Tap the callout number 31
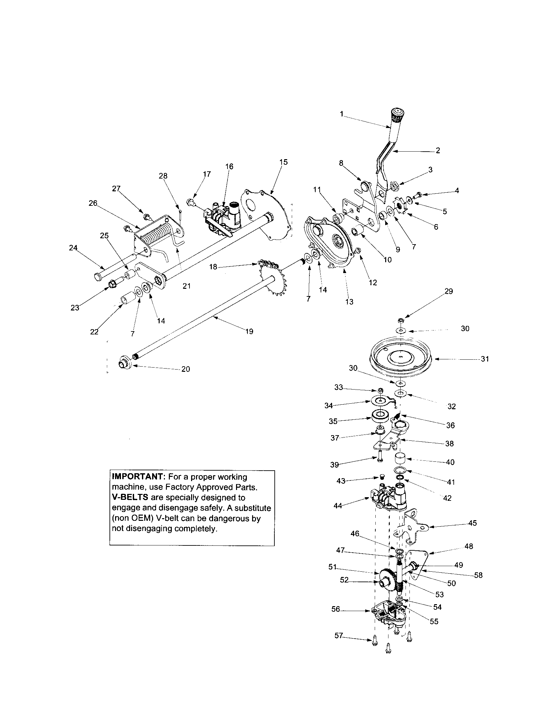pos(485,359)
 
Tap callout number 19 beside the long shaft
pos(249,331)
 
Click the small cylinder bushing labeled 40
pos(400,460)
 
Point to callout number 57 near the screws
pos(339,635)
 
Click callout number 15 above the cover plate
pos(283,162)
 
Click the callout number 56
pos(335,609)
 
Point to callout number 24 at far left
pos(73,247)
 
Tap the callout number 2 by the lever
pos(438,150)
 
